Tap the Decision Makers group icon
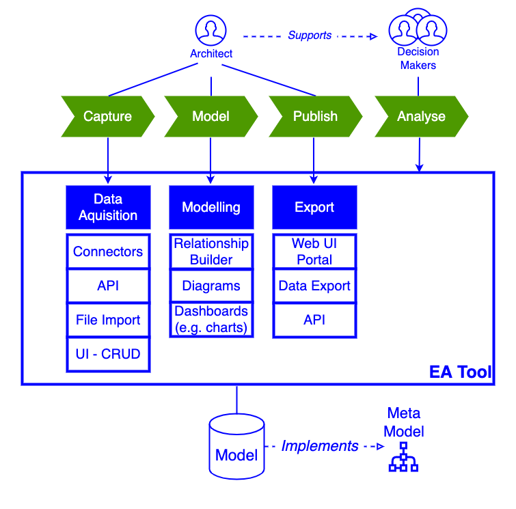point(418,30)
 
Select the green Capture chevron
point(108,117)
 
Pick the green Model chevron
point(211,117)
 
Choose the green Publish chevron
point(315,117)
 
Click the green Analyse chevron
point(421,117)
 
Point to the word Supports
point(310,36)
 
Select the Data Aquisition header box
point(108,207)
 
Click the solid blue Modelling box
point(211,207)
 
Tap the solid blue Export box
point(314,207)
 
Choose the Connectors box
point(108,251)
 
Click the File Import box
point(108,320)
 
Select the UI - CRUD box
point(108,354)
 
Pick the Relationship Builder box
point(211,251)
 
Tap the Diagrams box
point(211,286)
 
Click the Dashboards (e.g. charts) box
point(211,319)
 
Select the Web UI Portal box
point(314,251)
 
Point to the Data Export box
point(314,286)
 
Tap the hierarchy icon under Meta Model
point(403,457)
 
